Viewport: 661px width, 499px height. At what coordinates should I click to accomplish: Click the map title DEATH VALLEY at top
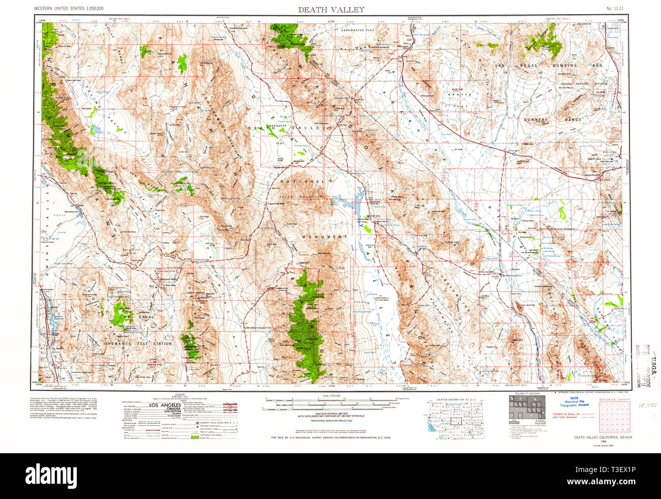coord(331,9)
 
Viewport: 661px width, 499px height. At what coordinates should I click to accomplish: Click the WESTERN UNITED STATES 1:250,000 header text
coord(69,9)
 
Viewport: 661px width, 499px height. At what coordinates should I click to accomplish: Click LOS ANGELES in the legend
coord(165,405)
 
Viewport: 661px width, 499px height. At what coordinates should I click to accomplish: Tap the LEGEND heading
coord(179,395)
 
